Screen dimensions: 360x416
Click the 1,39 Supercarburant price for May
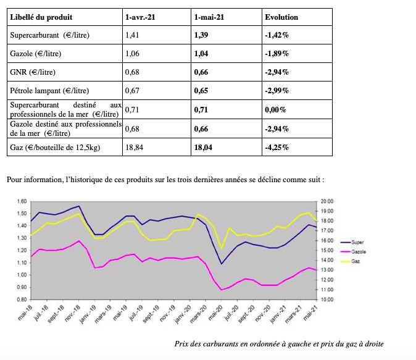pos(201,35)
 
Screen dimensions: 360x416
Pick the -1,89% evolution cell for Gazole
pos(277,54)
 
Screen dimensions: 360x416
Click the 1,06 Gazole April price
pos(132,54)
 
